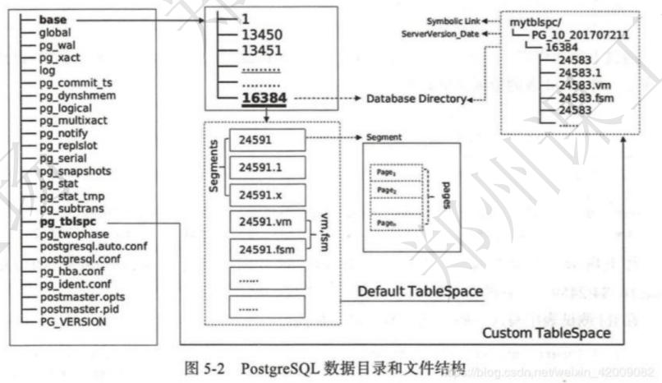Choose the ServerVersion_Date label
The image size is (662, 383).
[441, 33]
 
